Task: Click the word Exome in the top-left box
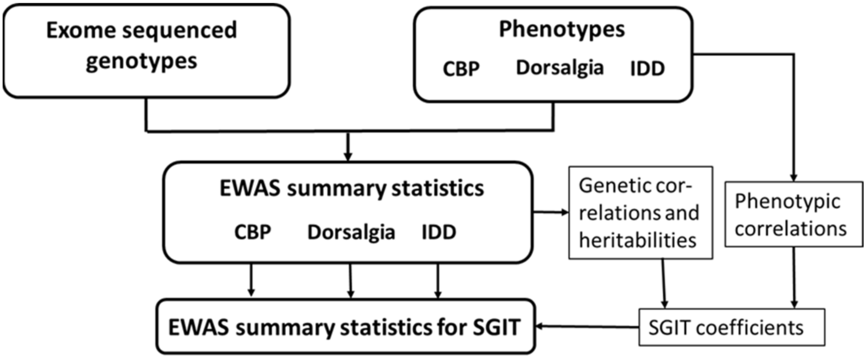click(81, 30)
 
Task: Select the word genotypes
click(141, 61)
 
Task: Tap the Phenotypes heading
click(562, 29)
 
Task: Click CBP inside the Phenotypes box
click(461, 69)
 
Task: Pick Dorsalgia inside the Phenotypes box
click(560, 68)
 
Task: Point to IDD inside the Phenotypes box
click(647, 69)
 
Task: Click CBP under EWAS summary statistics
click(252, 232)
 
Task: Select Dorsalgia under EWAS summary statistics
click(351, 232)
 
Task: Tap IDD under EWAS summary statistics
click(438, 232)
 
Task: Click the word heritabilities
click(637, 241)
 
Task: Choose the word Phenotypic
click(787, 201)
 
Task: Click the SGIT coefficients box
click(731, 328)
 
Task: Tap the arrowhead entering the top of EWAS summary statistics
click(348, 156)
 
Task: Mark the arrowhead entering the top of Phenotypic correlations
click(793, 177)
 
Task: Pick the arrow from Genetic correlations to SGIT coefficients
click(664, 283)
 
